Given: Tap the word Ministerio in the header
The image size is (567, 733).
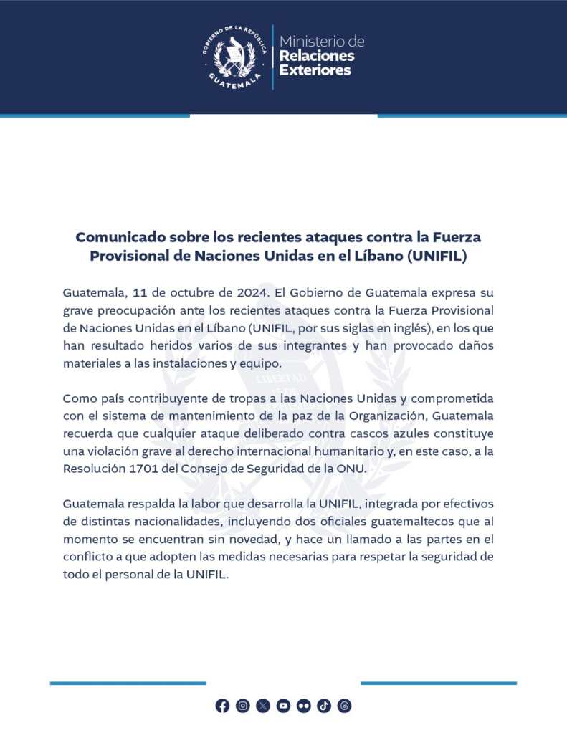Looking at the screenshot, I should (322, 42).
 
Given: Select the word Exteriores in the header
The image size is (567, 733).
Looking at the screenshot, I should (315, 70).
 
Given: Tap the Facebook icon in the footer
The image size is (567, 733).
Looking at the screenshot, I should (222, 706).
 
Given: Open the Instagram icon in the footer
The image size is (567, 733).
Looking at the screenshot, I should (243, 706).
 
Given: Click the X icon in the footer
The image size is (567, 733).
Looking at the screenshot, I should (263, 706).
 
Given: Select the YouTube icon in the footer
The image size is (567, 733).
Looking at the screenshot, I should (283, 706).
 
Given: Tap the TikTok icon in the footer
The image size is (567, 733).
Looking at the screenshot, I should (324, 706).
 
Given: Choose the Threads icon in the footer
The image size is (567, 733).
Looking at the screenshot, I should (344, 706).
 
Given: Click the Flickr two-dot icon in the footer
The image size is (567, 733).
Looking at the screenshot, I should (304, 706).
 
